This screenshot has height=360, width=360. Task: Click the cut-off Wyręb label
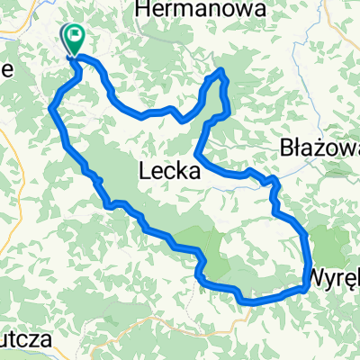[336, 274]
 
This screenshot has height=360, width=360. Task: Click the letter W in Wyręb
[319, 274]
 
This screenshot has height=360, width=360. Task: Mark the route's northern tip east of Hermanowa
[220, 71]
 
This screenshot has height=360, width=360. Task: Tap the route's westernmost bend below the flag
[50, 109]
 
